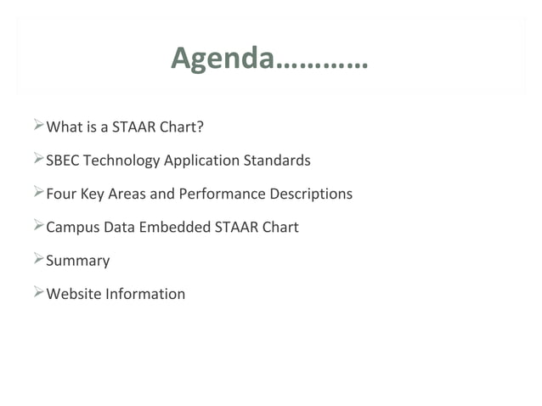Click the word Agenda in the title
click(x=223, y=58)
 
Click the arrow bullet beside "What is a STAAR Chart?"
click(x=37, y=127)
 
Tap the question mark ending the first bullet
click(x=200, y=127)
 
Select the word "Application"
click(x=201, y=161)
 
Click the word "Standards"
click(x=277, y=161)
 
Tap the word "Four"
click(x=61, y=194)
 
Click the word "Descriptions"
click(x=311, y=194)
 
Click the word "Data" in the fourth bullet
click(x=116, y=227)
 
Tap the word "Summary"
click(x=77, y=261)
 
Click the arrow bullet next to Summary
click(x=37, y=259)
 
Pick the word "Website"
click(x=73, y=294)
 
